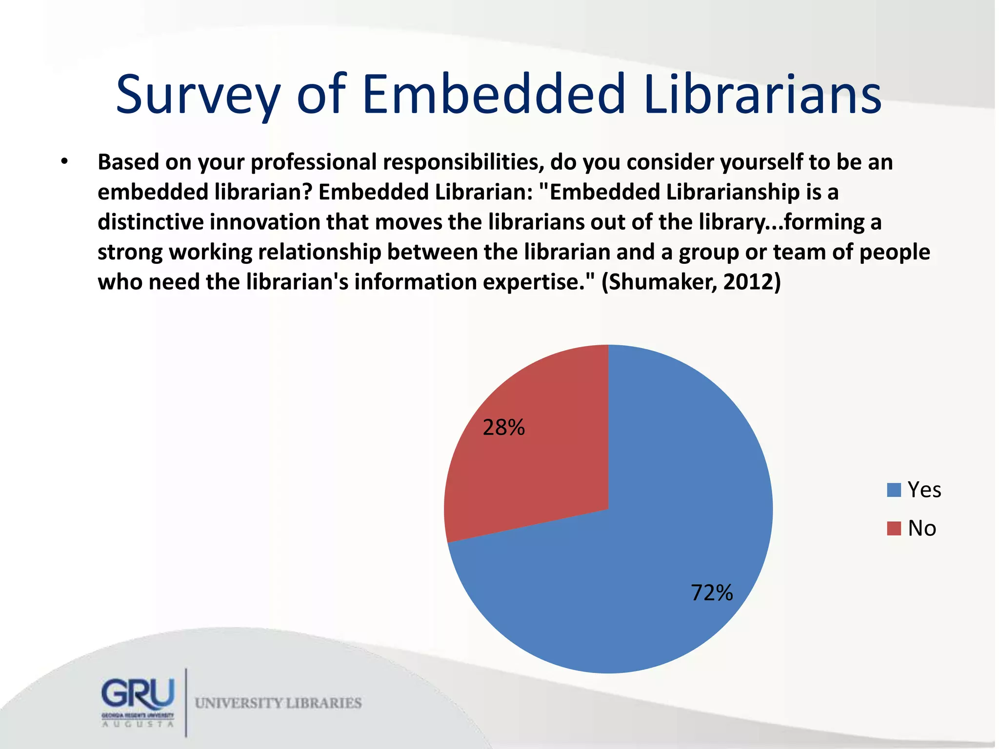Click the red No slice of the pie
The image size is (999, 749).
(532, 468)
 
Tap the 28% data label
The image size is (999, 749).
(503, 428)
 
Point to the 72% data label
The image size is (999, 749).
(712, 593)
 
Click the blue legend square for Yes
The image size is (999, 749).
(894, 490)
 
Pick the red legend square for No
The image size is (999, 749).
(894, 529)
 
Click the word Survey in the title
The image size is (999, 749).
(198, 95)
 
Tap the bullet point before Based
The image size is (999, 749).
(64, 162)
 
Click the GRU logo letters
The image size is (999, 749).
(138, 693)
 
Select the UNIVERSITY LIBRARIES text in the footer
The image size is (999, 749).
(278, 703)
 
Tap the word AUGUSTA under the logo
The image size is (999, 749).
(138, 724)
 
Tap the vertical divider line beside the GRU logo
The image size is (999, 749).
(186, 702)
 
